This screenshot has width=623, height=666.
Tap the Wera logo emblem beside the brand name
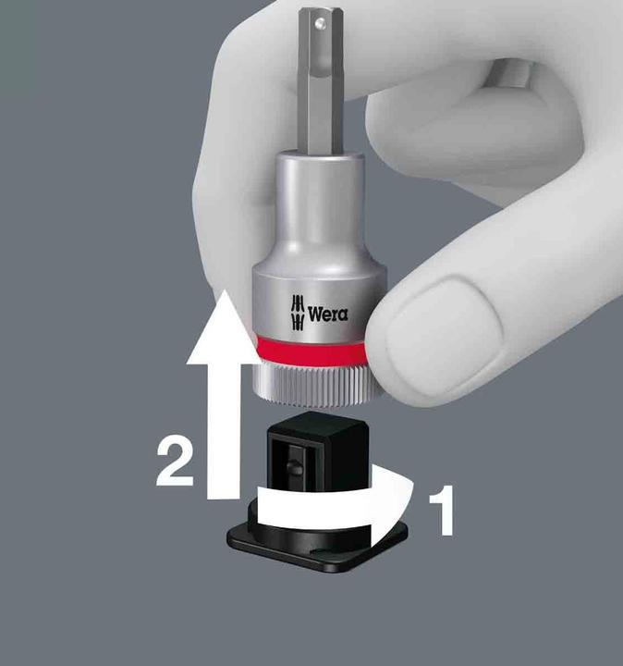297,312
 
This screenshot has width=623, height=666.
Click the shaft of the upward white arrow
220,416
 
